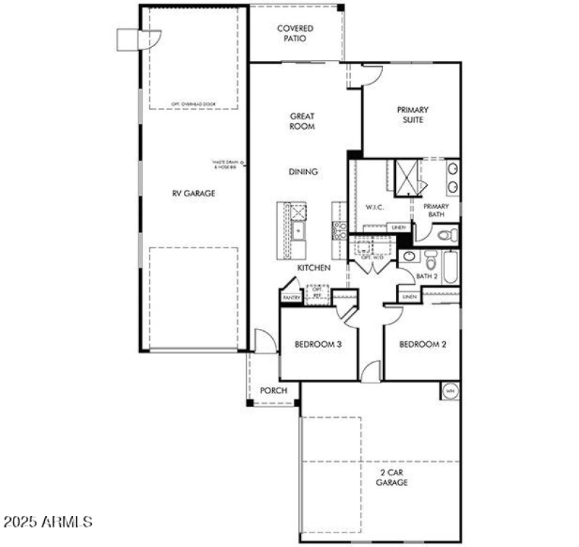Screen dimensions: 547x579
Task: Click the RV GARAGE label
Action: click(x=193, y=193)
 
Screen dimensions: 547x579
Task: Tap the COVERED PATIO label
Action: click(x=295, y=33)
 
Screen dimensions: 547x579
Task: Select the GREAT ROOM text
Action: click(x=302, y=121)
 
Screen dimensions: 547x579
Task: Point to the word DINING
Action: click(x=303, y=172)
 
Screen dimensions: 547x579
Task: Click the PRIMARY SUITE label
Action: click(x=412, y=114)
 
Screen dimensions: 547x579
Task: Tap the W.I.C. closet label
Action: click(x=374, y=208)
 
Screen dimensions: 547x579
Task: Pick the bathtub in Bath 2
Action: click(x=449, y=267)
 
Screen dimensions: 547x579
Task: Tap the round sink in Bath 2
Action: click(x=408, y=256)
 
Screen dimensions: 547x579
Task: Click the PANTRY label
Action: click(x=291, y=298)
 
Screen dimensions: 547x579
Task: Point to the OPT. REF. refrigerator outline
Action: click(x=316, y=293)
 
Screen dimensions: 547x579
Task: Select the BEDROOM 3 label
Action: click(x=318, y=345)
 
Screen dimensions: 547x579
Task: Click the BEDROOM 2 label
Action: click(x=423, y=345)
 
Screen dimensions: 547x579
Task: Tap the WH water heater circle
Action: click(x=449, y=391)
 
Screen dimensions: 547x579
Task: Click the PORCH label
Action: click(x=274, y=391)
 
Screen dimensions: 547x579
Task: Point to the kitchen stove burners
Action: click(x=339, y=230)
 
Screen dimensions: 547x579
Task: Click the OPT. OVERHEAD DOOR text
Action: click(x=193, y=104)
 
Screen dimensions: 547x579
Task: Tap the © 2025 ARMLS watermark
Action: click(x=48, y=521)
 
